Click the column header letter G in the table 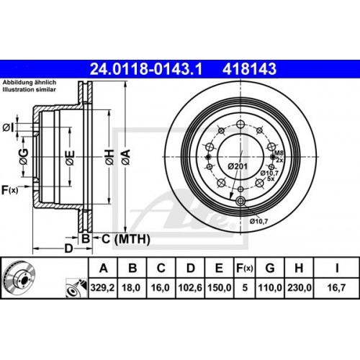tap(270, 269)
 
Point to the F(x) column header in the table tap(243, 269)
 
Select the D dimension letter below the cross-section tap(67, 248)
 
